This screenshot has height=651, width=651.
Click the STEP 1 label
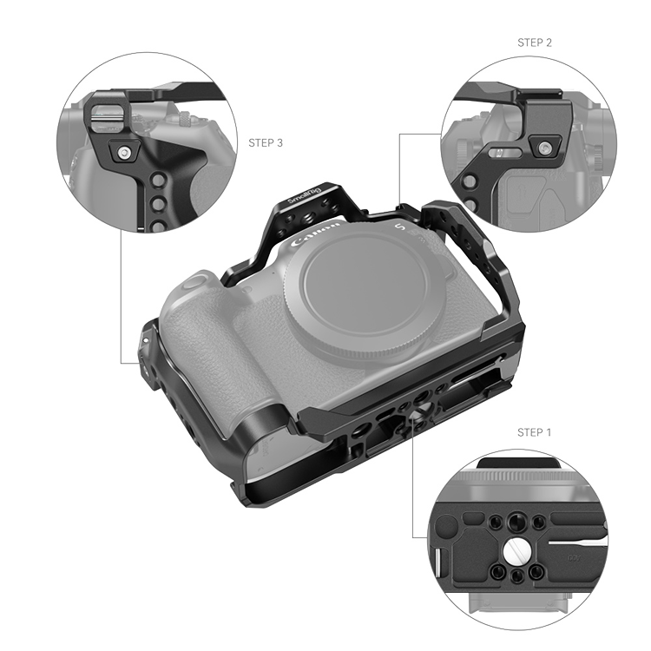point(535,432)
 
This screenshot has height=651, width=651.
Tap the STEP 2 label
point(535,43)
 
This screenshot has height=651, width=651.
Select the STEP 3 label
point(266,143)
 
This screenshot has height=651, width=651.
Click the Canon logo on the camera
point(316,235)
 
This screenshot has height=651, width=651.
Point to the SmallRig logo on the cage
point(306,195)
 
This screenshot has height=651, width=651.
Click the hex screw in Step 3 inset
point(123,153)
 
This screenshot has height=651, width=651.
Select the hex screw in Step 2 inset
point(544,148)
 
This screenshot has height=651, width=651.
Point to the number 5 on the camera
point(399,227)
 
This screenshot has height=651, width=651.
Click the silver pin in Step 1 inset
point(437,562)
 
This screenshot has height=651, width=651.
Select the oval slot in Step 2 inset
point(505,153)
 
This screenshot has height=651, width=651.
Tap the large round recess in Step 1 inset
point(444,526)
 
